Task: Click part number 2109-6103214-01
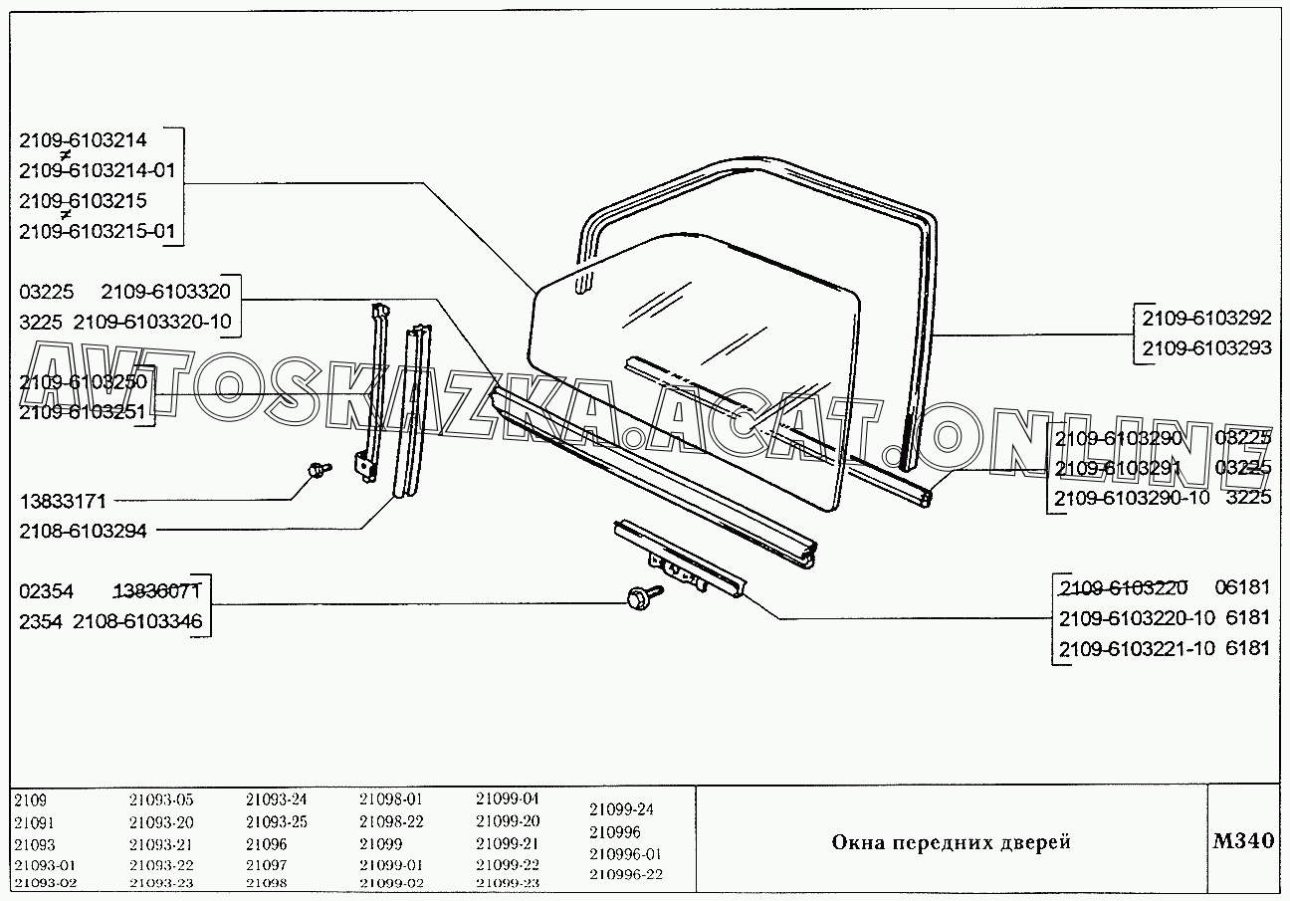pos(97,170)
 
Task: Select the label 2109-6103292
pos(1206,319)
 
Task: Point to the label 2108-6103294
pos(83,532)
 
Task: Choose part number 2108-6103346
pos(138,621)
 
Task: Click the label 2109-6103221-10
pos(1136,649)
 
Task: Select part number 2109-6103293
pos(1206,348)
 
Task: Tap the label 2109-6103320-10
pos(152,321)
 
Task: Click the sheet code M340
pos(1243,840)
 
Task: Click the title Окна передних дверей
pos(951,842)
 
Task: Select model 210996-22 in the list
pos(625,875)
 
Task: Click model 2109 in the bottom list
pos(31,799)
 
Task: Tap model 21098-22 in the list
pos(391,821)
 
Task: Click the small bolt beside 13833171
pos(321,470)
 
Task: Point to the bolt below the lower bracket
pos(637,597)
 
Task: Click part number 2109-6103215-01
pos(97,232)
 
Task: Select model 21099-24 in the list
pos(621,809)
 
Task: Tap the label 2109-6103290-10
pos(1133,497)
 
